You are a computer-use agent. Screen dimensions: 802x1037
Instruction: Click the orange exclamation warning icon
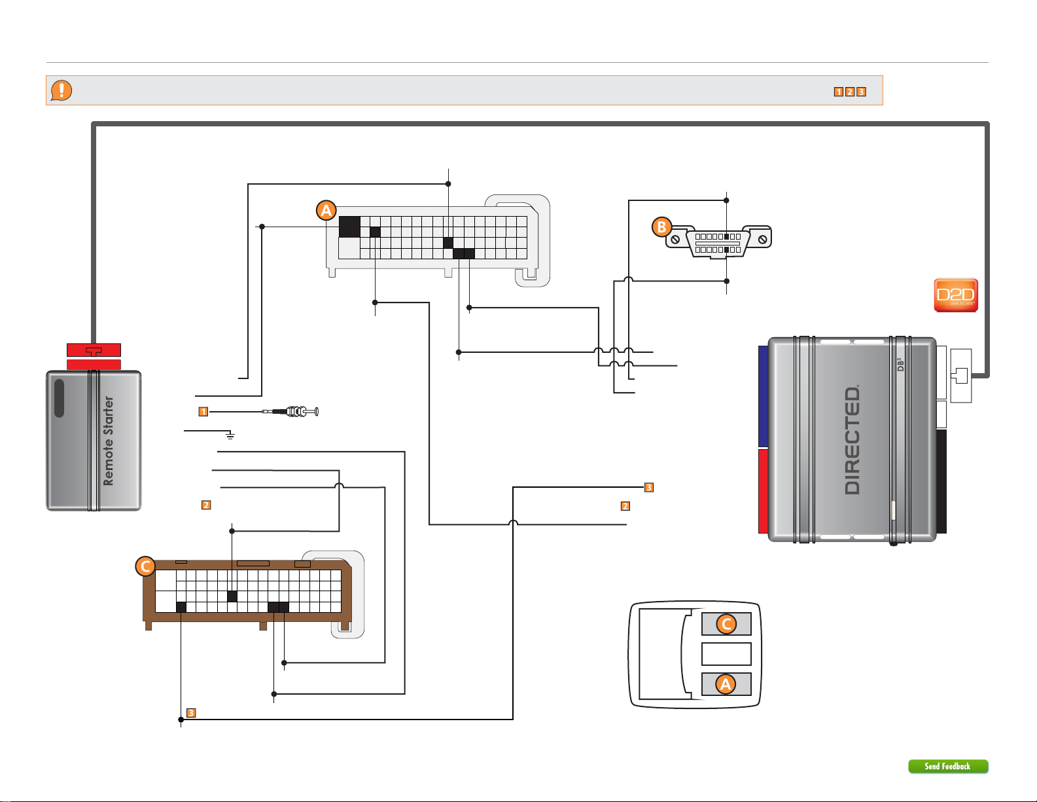click(62, 90)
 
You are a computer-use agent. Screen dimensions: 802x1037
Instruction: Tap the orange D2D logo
click(955, 295)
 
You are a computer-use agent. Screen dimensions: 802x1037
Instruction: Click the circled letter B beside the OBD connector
click(662, 227)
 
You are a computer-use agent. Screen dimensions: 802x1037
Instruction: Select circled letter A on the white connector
click(326, 211)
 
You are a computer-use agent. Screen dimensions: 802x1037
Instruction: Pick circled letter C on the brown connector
click(145, 566)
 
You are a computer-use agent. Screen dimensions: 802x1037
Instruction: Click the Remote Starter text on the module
click(109, 441)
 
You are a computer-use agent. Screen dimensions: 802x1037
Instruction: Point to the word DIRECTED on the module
click(852, 440)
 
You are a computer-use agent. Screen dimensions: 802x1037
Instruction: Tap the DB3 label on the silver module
click(900, 365)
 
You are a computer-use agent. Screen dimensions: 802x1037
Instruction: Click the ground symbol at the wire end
click(230, 435)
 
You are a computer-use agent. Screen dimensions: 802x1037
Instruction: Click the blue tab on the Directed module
click(763, 396)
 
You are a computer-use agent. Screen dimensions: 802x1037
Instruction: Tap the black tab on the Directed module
click(941, 481)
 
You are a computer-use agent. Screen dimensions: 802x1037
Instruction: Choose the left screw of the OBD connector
click(675, 240)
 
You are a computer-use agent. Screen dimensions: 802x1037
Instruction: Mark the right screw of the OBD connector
click(762, 240)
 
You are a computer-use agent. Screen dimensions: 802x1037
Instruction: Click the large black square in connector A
click(349, 227)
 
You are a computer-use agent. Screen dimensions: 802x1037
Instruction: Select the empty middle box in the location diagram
click(726, 653)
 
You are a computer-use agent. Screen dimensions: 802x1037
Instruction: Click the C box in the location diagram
click(726, 624)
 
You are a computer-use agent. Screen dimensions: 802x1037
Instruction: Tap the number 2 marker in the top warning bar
click(850, 92)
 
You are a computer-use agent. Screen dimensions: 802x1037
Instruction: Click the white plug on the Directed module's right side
click(960, 376)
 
